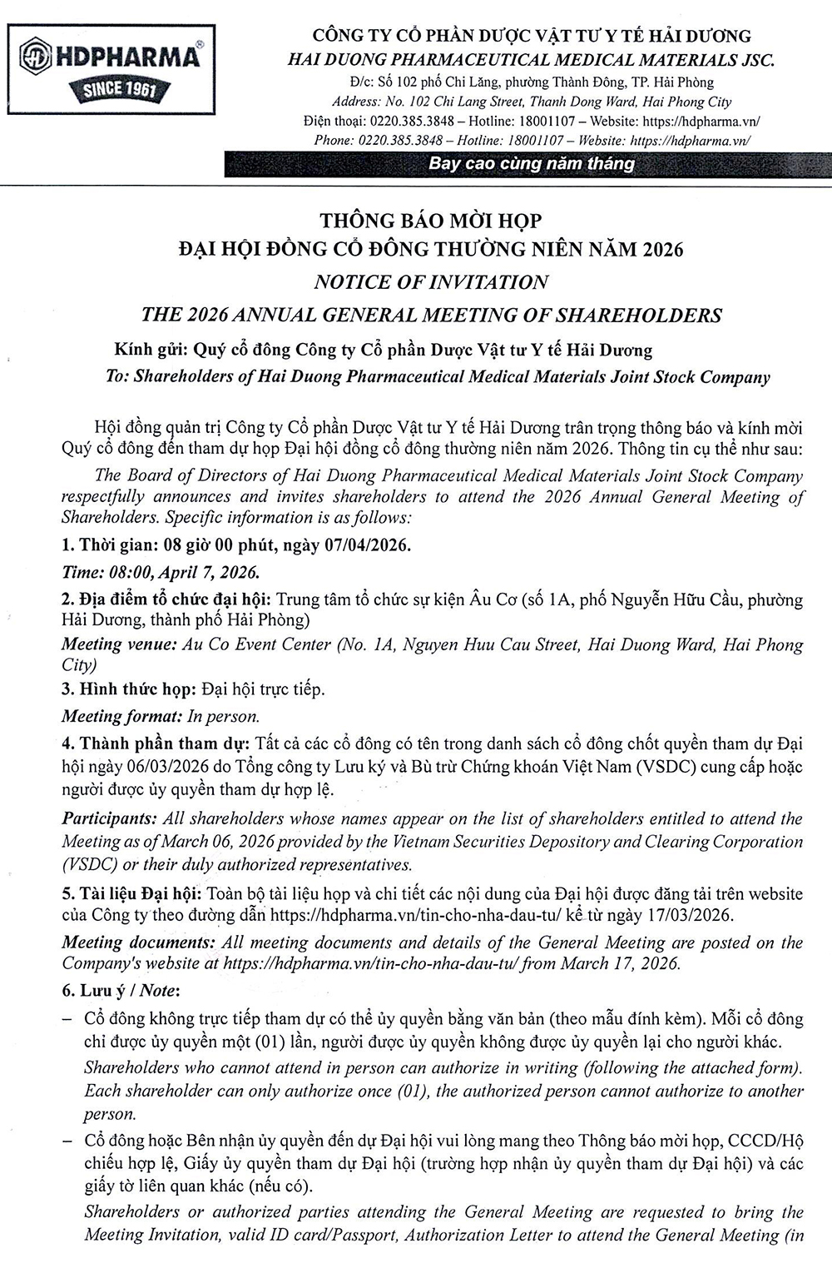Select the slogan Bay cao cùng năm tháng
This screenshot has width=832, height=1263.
(531, 164)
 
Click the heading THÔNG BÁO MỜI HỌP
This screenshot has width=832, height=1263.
(430, 221)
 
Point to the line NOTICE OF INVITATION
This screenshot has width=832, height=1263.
(430, 282)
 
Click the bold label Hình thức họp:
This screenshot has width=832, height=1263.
(138, 689)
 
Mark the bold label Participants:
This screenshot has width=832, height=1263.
(109, 819)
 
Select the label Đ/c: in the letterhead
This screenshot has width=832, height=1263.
(362, 82)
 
